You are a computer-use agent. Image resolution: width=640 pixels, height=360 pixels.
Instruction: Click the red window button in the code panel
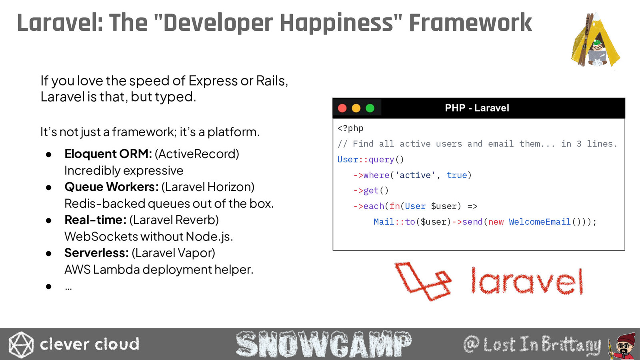(342, 108)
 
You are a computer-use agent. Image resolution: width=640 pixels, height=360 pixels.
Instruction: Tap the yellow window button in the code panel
(356, 108)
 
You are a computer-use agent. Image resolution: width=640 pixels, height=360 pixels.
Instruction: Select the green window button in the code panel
(370, 108)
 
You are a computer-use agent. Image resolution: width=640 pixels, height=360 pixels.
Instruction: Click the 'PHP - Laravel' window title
(477, 108)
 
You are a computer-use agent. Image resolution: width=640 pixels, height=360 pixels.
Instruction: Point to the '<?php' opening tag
(350, 128)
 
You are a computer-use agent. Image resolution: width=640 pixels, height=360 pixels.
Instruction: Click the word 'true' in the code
(456, 175)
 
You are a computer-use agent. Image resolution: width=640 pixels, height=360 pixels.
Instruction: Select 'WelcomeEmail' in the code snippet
(540, 222)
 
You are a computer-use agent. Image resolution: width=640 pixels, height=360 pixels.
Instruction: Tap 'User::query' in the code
(366, 160)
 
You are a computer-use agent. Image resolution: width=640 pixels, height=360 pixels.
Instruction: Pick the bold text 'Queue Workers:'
(112, 187)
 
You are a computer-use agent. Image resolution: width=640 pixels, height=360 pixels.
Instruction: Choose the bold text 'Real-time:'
(96, 220)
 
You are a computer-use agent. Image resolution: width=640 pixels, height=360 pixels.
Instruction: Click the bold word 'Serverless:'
(96, 253)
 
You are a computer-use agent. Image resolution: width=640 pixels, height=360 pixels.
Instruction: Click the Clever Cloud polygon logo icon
(21, 344)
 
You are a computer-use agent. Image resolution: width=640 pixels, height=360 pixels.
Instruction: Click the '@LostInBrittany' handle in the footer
(532, 344)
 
